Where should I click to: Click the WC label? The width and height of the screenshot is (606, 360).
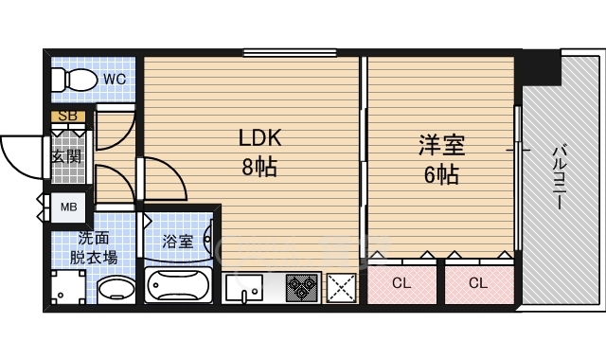pos(114,78)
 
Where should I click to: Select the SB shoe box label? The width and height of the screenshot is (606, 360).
pos(67,117)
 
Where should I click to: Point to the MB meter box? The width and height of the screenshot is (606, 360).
pos(69,206)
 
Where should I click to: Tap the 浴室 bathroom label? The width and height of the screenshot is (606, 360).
pos(178,241)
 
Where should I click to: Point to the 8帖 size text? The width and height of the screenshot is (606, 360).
pos(258,168)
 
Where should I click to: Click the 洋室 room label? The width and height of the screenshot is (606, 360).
pos(441,146)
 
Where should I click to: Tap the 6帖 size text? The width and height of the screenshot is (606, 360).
pos(441,175)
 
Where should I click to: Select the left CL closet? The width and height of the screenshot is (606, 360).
pos(401,281)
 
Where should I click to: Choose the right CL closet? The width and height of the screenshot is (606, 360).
pos(478,281)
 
